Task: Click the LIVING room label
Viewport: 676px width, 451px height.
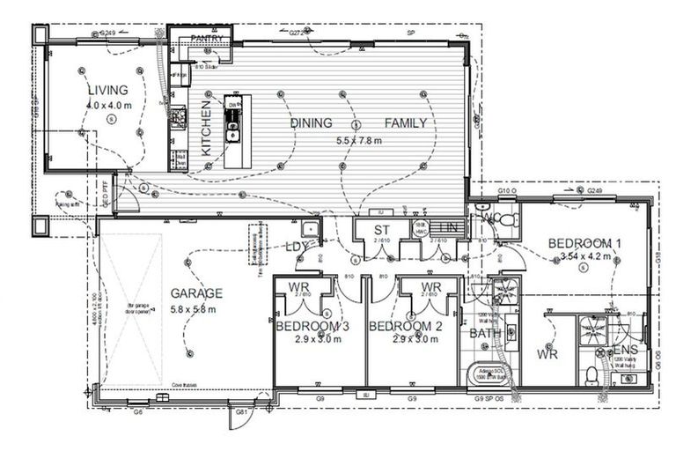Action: point(108,90)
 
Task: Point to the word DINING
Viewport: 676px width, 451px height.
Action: point(311,123)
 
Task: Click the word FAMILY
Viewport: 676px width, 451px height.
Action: point(405,123)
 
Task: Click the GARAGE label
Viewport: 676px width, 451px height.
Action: point(197,293)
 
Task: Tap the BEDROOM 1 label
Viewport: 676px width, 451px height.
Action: point(585,243)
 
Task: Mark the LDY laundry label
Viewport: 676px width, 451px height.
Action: point(297,247)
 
